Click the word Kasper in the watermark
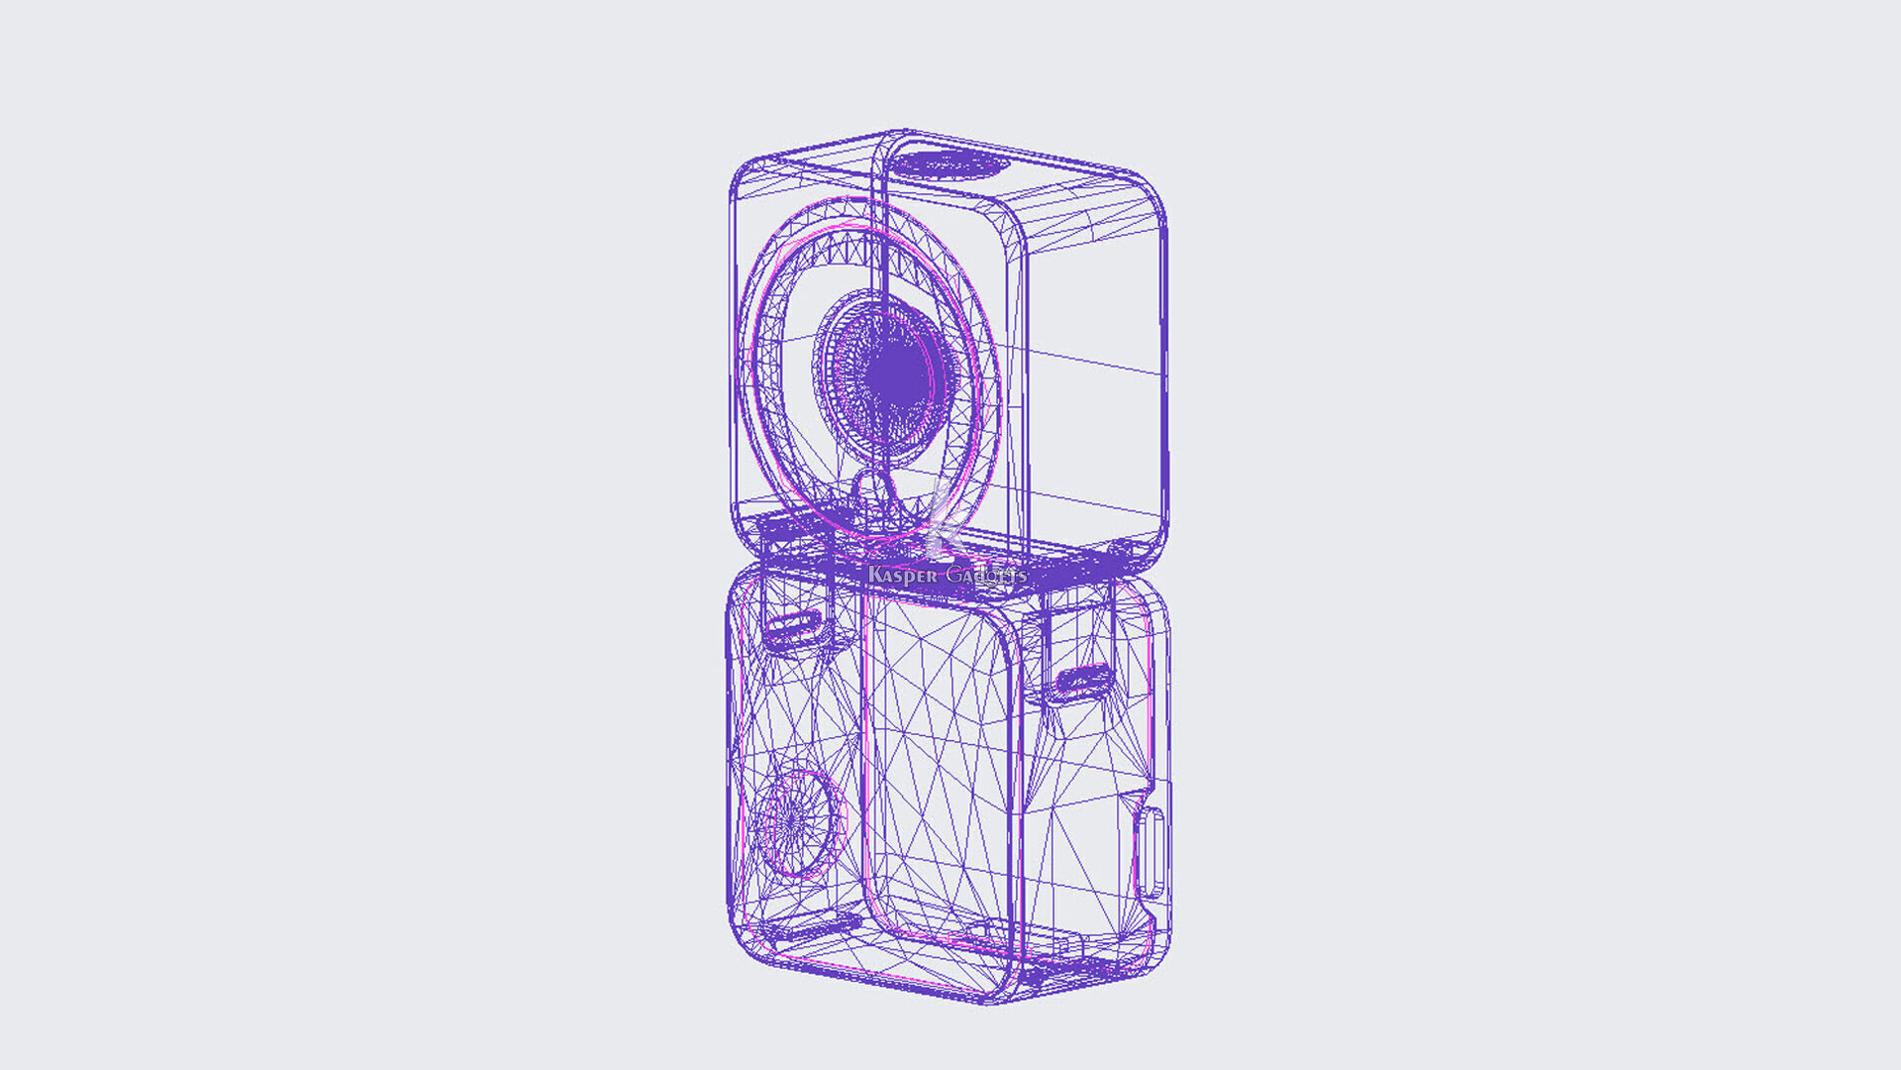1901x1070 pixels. click(x=901, y=576)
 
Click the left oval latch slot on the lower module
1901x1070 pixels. click(x=792, y=627)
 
